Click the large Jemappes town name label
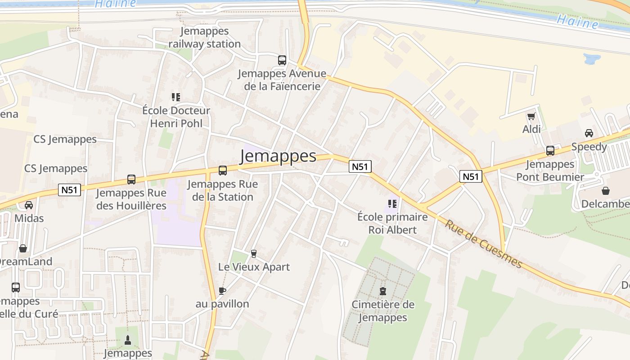pos(278,156)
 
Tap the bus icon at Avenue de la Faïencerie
pos(282,60)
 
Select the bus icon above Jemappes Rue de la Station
pos(223,171)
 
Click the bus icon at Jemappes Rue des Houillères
pos(131,180)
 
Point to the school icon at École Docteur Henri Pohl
pos(175,97)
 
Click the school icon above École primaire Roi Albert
pos(392,204)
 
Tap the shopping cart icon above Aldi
pos(531,117)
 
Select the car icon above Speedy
pos(589,133)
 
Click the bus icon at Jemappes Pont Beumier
pos(550,151)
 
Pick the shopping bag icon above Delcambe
pos(606,191)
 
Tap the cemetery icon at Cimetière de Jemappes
pos(383,291)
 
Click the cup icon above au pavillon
pos(222,291)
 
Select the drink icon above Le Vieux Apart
pos(253,254)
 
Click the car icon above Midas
pos(29,205)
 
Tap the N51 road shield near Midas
pos(69,190)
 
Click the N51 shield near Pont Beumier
pos(471,176)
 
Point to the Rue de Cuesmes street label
pos(484,243)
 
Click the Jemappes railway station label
pos(205,37)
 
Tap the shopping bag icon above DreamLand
pos(23,248)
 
